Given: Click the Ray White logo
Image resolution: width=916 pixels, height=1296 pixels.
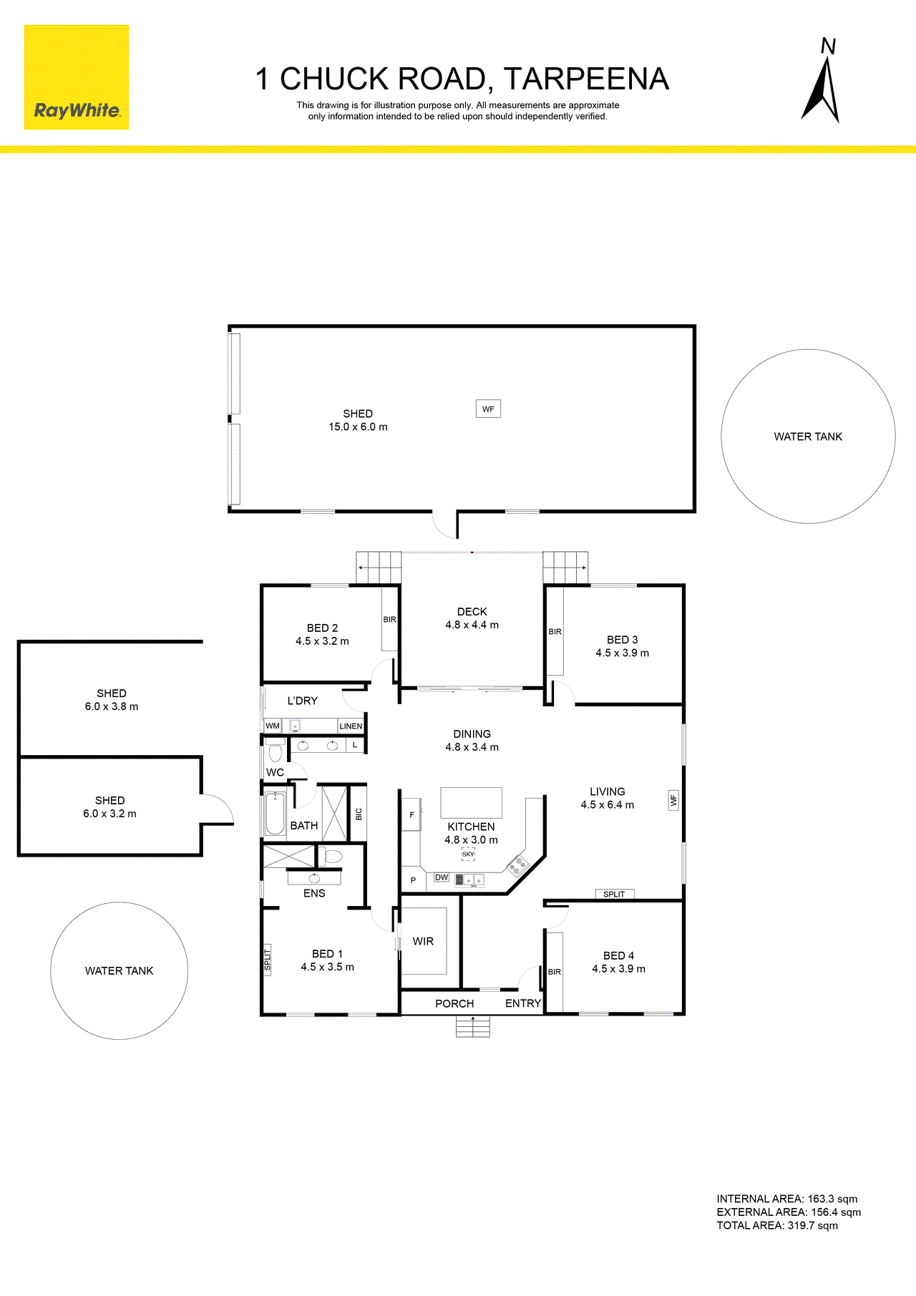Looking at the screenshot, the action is coord(77,77).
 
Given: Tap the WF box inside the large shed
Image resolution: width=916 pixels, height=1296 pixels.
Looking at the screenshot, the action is coord(488,409).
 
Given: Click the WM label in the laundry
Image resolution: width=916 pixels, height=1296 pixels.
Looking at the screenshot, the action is coord(273,726).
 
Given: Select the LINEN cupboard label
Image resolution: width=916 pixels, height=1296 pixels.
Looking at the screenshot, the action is coord(351,726).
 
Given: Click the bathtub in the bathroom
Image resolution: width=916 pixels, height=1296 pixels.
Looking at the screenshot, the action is coord(276,814).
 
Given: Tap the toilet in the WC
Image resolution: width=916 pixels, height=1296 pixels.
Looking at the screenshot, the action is coord(275,751).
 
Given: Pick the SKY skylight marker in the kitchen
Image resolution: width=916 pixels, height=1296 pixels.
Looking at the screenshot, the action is coord(468,854).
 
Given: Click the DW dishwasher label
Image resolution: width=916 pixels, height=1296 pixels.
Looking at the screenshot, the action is coord(442,877).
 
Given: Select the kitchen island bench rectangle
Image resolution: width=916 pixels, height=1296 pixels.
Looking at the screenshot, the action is coord(471,802).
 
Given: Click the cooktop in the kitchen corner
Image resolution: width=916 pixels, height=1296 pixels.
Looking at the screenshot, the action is coord(518,865).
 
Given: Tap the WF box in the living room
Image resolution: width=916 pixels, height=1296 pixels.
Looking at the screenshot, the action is coord(673,800).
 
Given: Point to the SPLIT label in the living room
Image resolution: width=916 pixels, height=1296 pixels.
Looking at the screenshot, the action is coord(614,894).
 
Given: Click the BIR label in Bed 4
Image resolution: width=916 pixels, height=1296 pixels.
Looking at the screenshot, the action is coord(555,972).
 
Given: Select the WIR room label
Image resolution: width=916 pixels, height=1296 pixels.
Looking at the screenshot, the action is coord(423,941).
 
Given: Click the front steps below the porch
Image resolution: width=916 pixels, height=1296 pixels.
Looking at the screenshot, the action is coord(473,1026).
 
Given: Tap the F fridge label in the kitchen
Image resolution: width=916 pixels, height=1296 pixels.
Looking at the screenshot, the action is coord(411,814).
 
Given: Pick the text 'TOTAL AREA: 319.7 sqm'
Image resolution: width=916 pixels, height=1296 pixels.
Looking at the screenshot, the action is coord(777,1225).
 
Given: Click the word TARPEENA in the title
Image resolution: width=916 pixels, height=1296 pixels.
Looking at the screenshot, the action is coord(586,79).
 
